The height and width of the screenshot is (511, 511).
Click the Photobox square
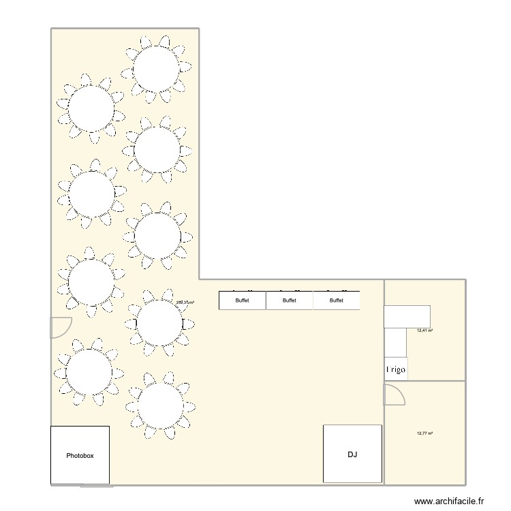click(x=80, y=455)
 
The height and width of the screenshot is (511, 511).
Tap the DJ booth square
click(x=352, y=454)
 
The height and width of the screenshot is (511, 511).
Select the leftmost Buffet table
click(x=242, y=300)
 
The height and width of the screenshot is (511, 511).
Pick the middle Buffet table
click(x=290, y=300)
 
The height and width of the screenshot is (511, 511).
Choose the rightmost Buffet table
click(x=337, y=300)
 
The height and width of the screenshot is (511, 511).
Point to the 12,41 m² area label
click(x=425, y=331)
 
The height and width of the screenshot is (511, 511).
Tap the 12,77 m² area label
click(x=425, y=433)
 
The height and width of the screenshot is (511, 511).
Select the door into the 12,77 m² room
click(x=394, y=394)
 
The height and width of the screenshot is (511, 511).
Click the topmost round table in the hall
click(x=156, y=68)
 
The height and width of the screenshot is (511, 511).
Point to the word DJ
click(x=352, y=454)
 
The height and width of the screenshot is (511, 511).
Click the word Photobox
click(x=80, y=455)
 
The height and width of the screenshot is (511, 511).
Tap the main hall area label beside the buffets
click(x=185, y=303)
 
